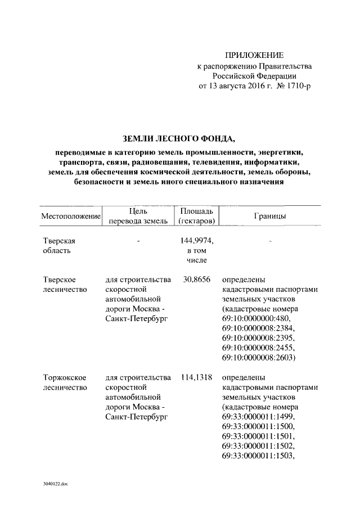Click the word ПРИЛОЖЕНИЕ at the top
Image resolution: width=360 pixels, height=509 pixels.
pos(254,55)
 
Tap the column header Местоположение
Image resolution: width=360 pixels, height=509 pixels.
pos(71,217)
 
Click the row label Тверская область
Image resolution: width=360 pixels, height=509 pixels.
pos(59,245)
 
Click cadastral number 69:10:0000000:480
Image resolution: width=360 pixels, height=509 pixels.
pos(256,318)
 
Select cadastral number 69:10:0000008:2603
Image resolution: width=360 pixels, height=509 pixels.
pos(258,357)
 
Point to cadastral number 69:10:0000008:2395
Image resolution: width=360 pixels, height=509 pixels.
pos(258,338)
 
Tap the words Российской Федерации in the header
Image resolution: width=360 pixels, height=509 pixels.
pos(254,75)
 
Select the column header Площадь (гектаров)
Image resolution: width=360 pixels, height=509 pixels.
pos(193,216)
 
